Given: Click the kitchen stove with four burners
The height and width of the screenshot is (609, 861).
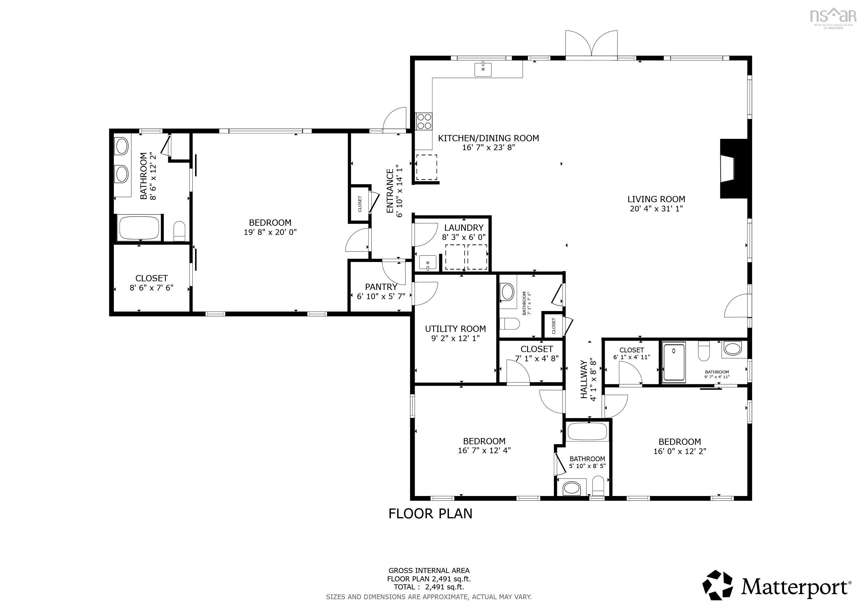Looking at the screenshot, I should coord(424,121).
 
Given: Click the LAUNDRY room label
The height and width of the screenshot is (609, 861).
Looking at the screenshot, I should coord(464,227).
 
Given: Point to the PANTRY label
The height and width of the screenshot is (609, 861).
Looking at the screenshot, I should coord(381,287).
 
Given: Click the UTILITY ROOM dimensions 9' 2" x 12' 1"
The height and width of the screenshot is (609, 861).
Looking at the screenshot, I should coord(455,338).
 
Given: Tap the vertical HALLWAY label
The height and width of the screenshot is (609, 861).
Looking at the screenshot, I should coord(584,379).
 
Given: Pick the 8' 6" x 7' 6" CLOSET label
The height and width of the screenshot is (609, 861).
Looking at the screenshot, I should coord(152,278).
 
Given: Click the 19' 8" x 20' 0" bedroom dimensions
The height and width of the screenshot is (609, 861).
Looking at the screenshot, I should coord(270,232).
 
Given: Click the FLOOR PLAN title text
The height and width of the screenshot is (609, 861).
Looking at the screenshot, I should coord(430,514).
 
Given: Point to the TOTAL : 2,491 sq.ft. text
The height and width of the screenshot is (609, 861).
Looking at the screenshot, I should coord(429,587).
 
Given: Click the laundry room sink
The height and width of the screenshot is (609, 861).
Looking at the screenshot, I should coord(428,263).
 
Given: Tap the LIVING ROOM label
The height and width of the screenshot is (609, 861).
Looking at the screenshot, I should coord(656,200).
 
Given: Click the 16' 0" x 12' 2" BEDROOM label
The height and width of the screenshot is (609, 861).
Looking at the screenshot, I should coord(680,442).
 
